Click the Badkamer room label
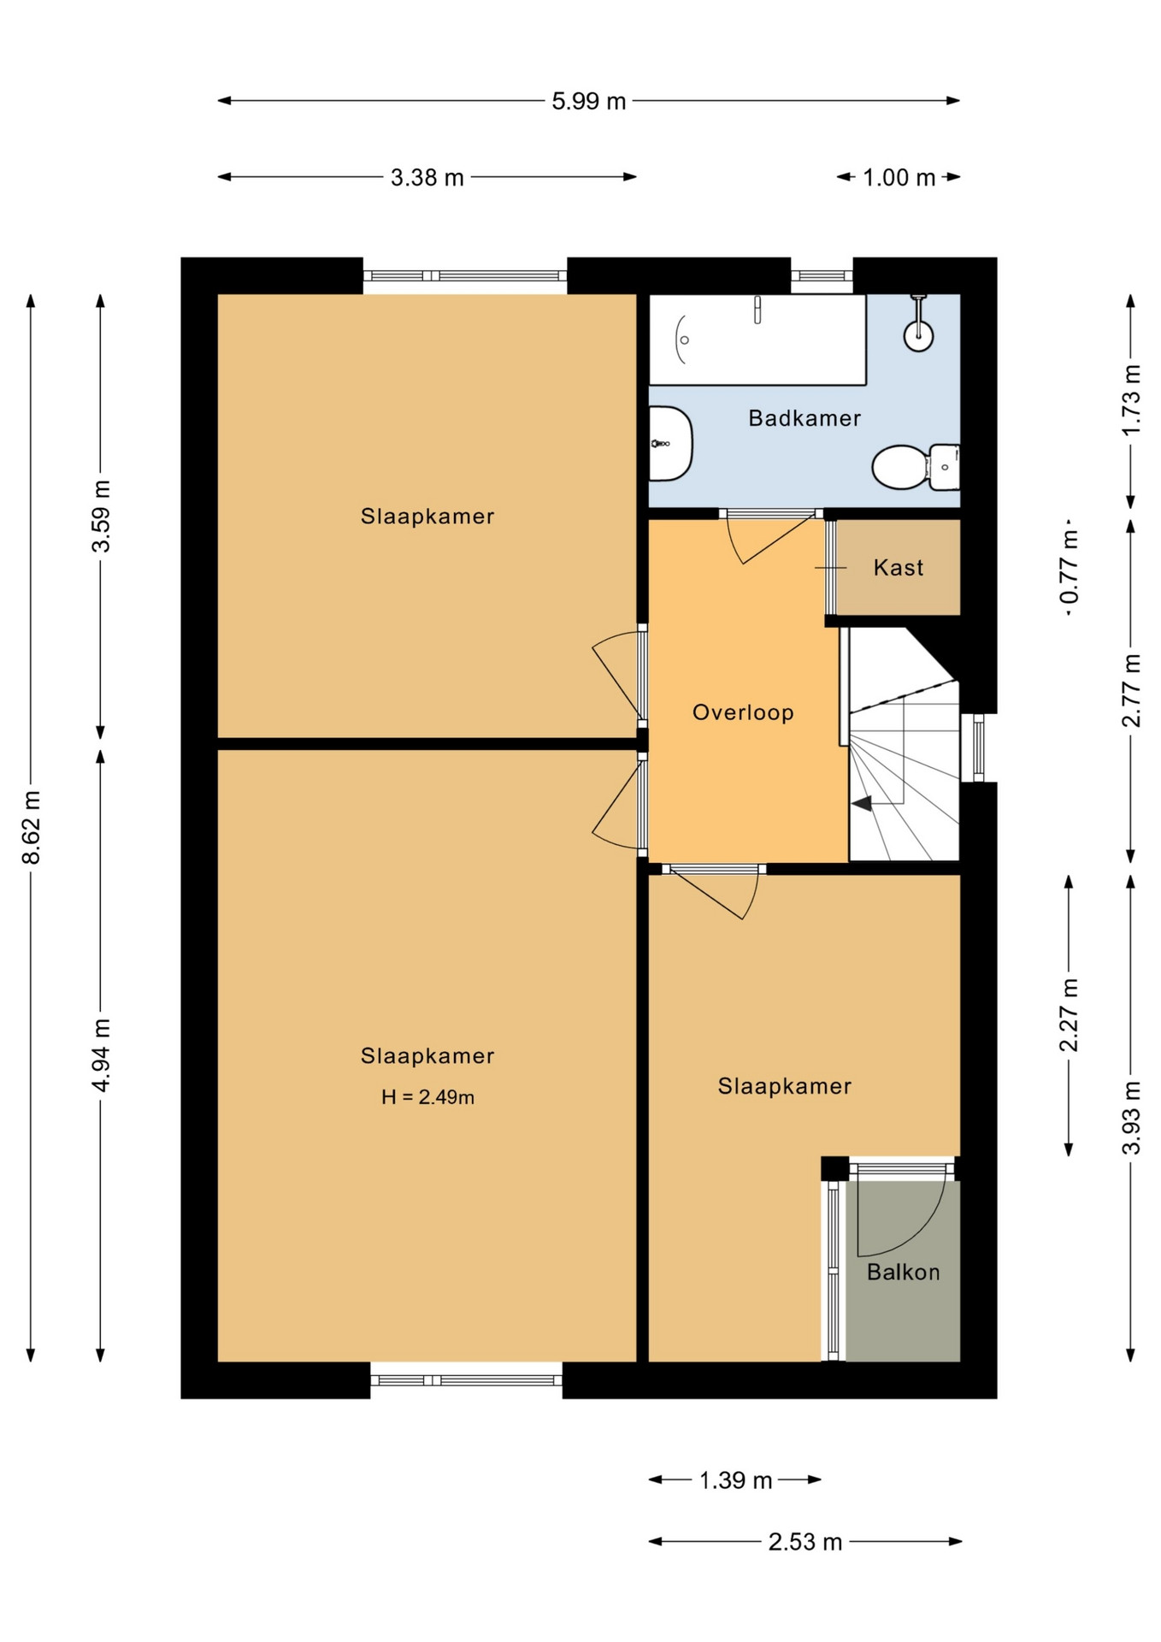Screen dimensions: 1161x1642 coord(804,418)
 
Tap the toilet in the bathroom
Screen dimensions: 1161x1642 coord(916,467)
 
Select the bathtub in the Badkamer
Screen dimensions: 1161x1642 coord(757,340)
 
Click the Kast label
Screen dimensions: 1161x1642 coord(899,568)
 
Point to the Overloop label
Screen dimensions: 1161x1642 coord(743,712)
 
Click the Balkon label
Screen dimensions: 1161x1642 coord(904,1273)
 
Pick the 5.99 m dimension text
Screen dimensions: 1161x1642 coord(589,102)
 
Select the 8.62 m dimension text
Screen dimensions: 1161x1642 coord(32,827)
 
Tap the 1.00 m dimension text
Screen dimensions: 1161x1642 coord(899,178)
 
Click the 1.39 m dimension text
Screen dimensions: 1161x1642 coord(736,1480)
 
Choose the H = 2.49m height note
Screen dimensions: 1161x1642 coord(427,1097)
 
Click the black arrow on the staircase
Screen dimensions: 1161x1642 coord(862,803)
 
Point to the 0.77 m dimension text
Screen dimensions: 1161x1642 coord(1069,567)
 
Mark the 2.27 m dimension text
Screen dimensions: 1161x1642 coord(1069,1015)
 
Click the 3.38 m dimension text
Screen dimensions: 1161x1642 coord(427,178)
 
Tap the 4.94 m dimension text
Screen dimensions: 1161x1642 coord(101,1055)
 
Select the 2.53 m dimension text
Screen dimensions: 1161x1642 coord(805,1542)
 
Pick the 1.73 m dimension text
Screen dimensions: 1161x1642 coord(1131,399)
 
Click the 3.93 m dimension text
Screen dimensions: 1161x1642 coord(1131,1118)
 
